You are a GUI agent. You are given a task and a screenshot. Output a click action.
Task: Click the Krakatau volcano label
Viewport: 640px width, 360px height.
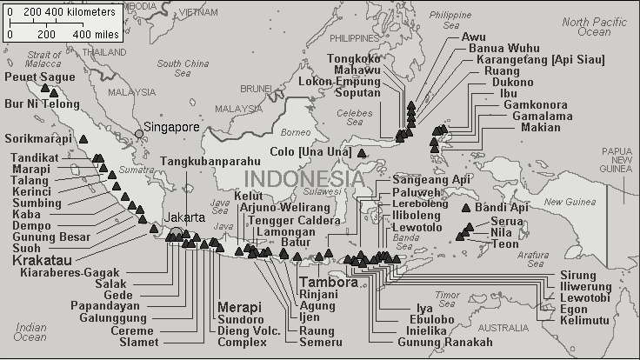coord(44,259)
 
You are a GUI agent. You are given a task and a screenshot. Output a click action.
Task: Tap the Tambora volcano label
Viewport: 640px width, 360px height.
coord(328,283)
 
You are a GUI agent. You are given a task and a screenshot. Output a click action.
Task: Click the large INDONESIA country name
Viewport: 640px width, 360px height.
coord(304,178)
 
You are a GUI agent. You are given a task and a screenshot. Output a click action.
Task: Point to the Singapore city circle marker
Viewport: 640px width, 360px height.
coord(139,133)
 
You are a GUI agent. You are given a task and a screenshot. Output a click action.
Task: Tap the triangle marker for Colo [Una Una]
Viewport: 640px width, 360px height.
coord(362,154)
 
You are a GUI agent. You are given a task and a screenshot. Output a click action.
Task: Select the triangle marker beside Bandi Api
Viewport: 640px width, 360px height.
coord(466,208)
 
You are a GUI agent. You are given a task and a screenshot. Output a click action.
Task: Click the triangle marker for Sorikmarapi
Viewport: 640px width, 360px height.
coord(83,138)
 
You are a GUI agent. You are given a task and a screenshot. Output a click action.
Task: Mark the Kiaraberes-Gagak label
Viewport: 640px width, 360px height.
coord(66,271)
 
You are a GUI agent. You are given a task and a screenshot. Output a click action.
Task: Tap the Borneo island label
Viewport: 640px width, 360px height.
coord(297,133)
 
